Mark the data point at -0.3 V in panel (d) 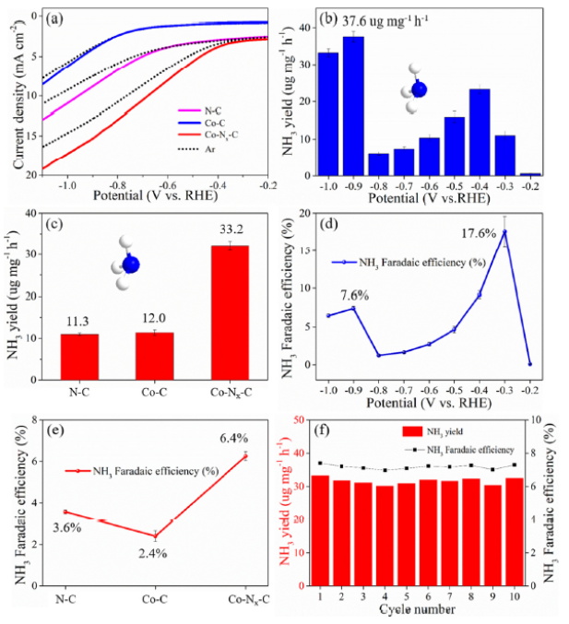[x=504, y=232]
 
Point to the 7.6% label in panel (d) [x=353, y=297]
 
